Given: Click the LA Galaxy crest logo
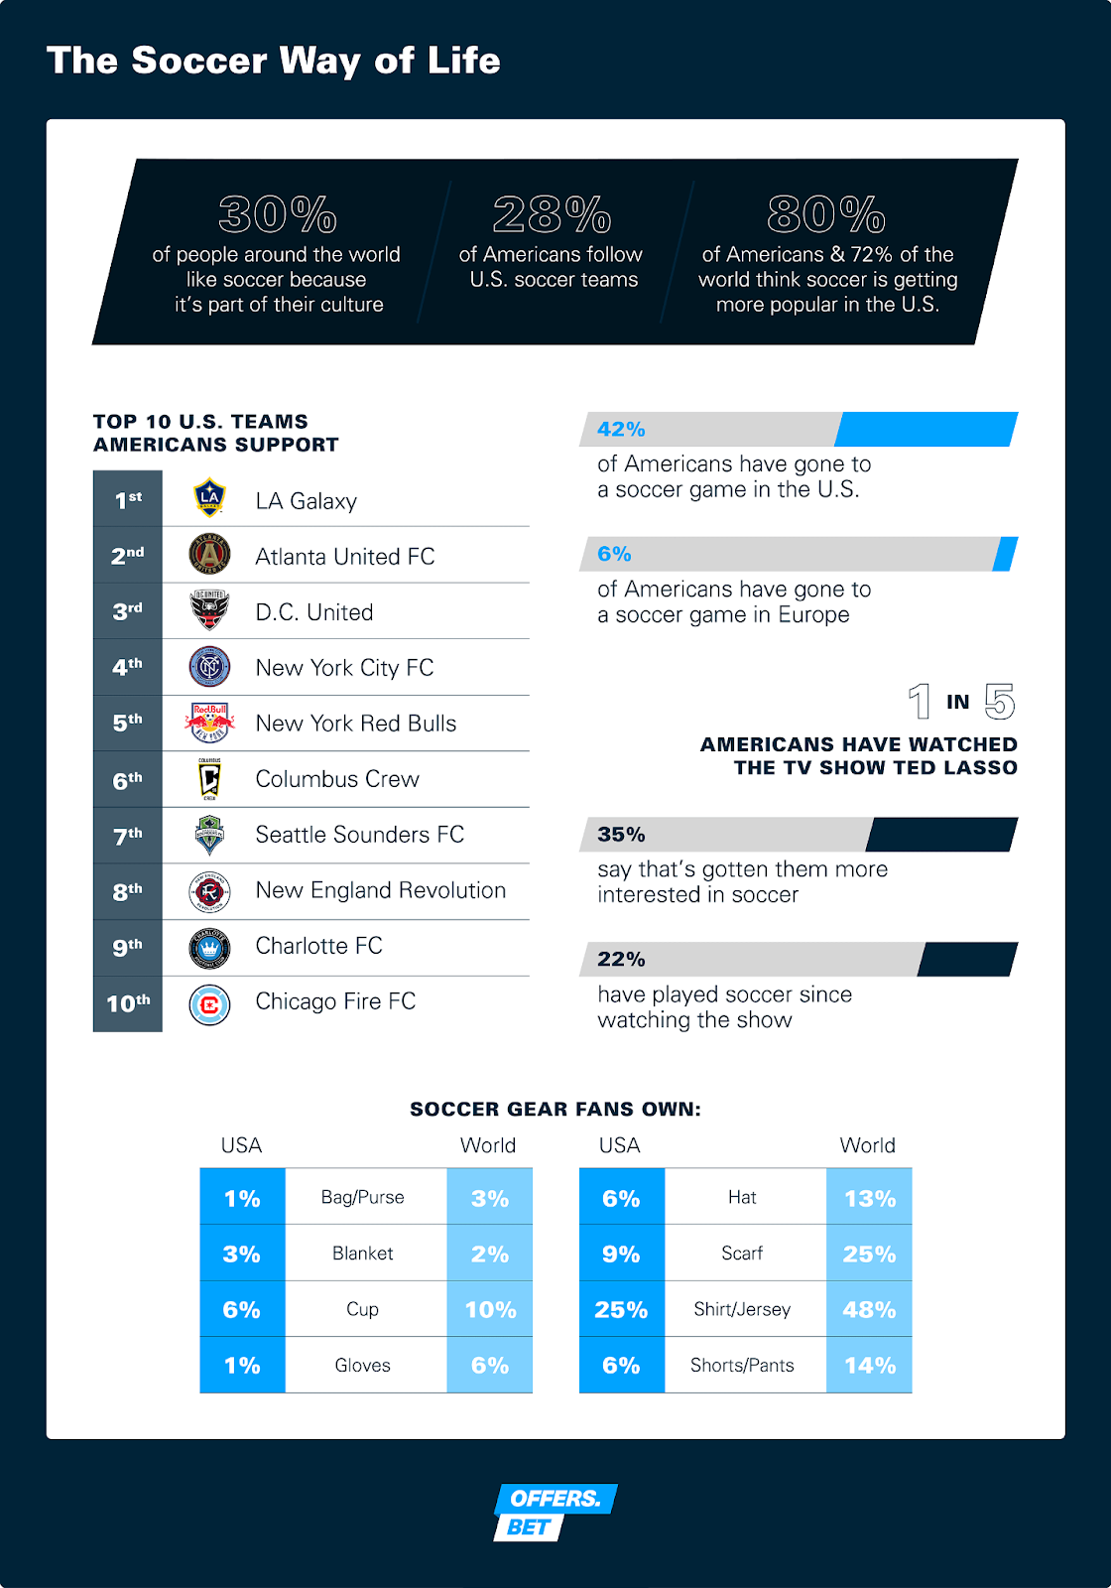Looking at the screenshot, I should (x=209, y=498).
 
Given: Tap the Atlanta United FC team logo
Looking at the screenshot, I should (x=209, y=554).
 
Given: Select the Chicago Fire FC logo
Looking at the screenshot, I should (x=209, y=1004).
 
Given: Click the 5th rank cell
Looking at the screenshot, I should (x=127, y=723).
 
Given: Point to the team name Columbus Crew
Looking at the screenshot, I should (x=337, y=779).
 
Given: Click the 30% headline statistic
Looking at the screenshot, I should (x=278, y=214).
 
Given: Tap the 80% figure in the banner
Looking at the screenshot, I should (x=826, y=214).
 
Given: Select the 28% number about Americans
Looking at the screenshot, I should (x=552, y=214).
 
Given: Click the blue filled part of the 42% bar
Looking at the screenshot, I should (x=926, y=429).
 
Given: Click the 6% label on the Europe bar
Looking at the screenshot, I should (x=614, y=554).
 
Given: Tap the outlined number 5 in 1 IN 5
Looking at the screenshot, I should (x=1000, y=702).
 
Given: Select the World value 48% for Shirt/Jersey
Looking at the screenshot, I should (x=869, y=1309).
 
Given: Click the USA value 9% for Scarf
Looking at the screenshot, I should (x=621, y=1254).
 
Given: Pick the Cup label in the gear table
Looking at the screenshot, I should (x=363, y=1309).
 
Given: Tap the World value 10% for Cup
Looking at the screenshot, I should (x=490, y=1309).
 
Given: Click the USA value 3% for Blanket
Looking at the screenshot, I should (x=242, y=1254).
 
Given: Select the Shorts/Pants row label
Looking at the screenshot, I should (x=742, y=1365).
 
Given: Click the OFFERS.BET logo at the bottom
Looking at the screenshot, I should (x=555, y=1512).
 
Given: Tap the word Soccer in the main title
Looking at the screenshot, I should (x=199, y=61).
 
